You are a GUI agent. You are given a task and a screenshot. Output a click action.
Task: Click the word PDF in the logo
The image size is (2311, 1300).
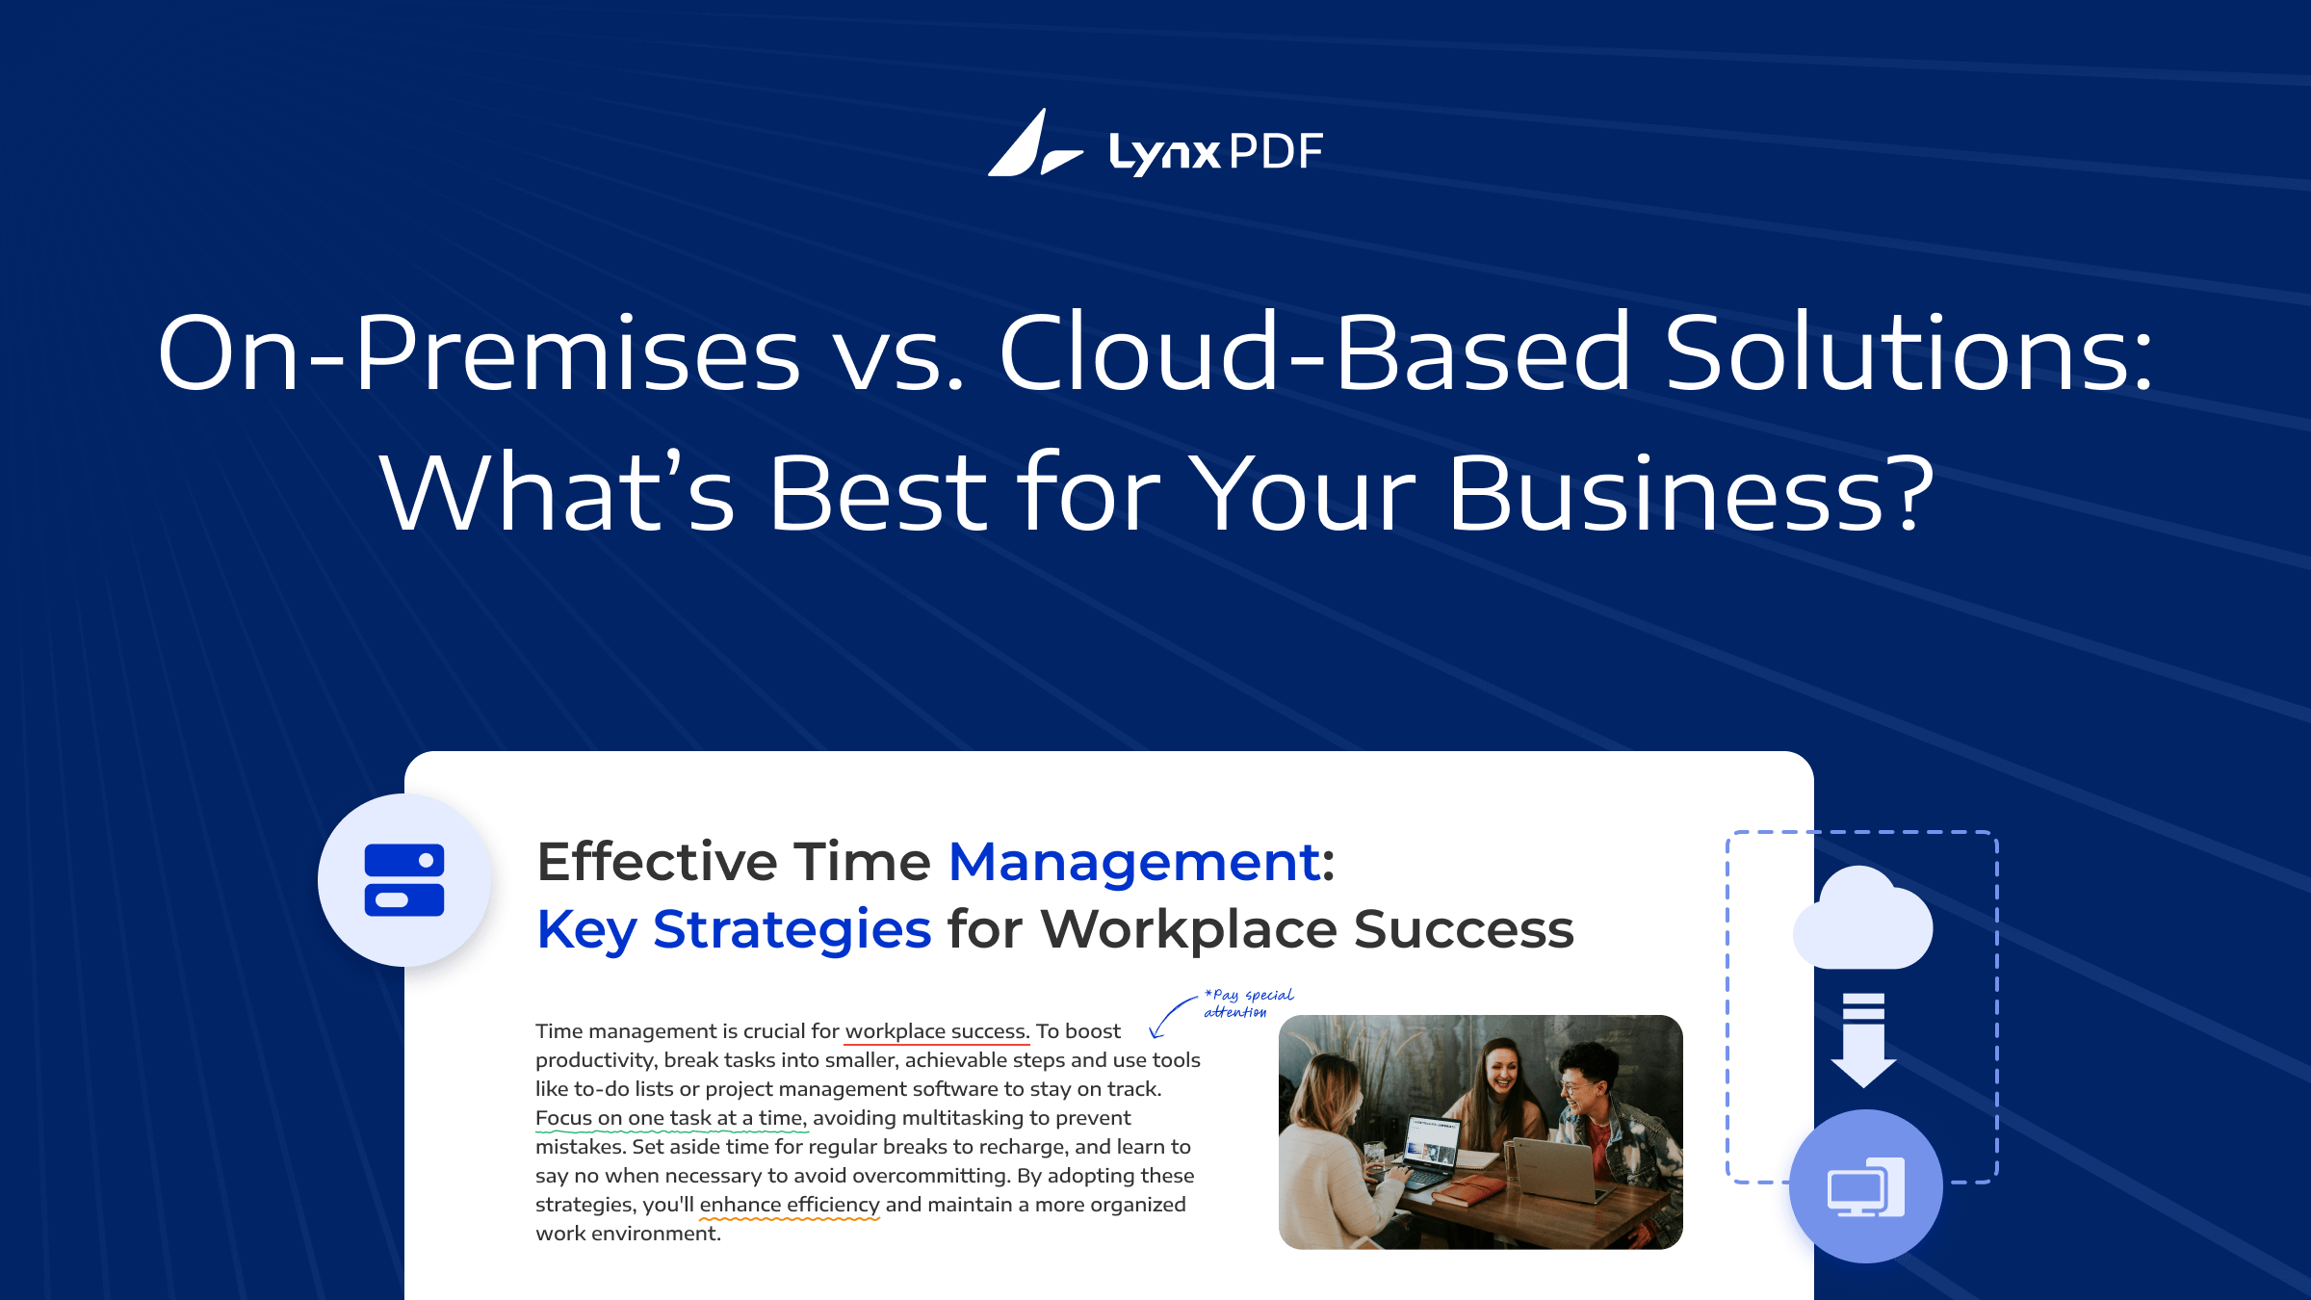(x=1277, y=152)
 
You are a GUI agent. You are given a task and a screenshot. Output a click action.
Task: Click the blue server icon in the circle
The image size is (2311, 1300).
(x=404, y=880)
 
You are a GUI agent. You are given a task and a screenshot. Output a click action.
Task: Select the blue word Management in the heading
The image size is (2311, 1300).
(x=1135, y=862)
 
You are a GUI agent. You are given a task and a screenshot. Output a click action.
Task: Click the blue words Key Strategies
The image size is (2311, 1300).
(x=734, y=930)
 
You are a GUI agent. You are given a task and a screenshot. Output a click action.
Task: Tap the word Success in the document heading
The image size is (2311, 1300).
(x=1464, y=930)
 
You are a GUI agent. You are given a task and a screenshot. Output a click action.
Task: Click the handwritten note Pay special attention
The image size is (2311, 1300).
(x=1249, y=1002)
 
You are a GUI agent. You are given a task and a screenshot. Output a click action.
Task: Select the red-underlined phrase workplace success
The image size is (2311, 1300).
(x=937, y=1031)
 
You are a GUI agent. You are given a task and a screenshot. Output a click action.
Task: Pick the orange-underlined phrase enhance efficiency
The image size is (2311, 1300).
(x=790, y=1205)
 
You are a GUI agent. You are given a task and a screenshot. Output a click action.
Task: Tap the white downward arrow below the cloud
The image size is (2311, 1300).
(x=1863, y=1040)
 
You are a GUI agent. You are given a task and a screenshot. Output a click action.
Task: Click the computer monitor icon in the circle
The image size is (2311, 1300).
(x=1866, y=1187)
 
